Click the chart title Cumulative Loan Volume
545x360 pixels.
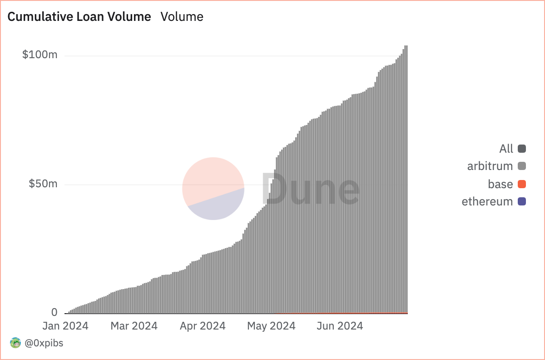(x=79, y=17)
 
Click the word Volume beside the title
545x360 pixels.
(x=182, y=17)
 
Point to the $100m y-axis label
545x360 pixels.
(x=40, y=55)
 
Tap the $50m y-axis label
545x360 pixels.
(x=43, y=184)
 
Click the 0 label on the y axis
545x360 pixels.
(x=54, y=312)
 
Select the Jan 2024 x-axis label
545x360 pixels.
(x=65, y=326)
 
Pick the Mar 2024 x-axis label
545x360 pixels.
(x=134, y=326)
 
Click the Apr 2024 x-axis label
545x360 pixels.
(x=203, y=326)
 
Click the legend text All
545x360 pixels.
(x=506, y=149)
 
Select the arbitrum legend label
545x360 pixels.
(x=490, y=166)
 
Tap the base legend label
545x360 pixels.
(x=500, y=184)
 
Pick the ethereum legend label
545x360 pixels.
(x=487, y=201)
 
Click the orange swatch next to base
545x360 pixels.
(x=522, y=184)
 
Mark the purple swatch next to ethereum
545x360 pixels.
(x=522, y=201)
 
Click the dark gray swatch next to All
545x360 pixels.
(x=522, y=149)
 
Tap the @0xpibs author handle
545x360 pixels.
(x=44, y=343)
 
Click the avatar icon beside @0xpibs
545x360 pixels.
(x=15, y=343)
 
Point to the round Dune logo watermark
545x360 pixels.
(x=213, y=189)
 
